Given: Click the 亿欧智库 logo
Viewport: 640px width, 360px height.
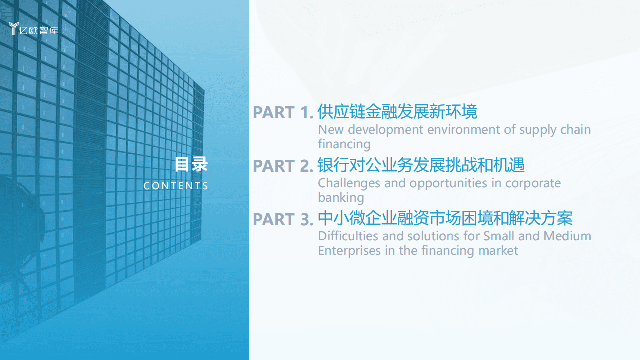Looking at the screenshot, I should point(34,29).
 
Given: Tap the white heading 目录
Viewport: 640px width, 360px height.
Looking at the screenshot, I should point(191,164).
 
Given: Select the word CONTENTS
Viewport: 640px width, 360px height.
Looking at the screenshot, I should point(176,186).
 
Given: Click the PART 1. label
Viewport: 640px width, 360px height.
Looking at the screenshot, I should point(283,113).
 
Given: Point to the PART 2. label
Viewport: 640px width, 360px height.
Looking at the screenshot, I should point(283,166).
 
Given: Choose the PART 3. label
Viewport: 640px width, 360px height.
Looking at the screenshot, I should point(283,219).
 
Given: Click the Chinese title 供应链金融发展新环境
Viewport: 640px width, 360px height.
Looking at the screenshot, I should point(397,111).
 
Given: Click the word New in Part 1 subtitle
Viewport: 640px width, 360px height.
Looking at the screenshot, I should point(331,130).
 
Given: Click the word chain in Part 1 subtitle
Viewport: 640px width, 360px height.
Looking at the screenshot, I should point(575,130).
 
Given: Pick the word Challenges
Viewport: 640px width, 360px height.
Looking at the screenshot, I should point(349,183).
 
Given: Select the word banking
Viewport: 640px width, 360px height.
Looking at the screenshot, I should point(341,198).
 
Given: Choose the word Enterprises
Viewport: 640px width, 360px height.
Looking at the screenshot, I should point(349,250).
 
